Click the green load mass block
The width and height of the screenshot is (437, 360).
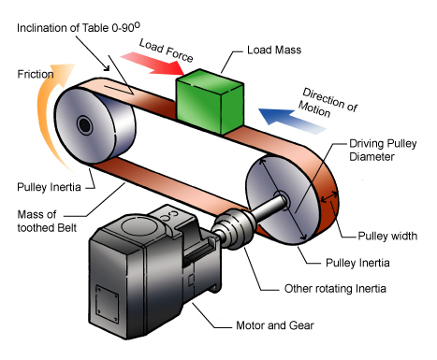pos(210,102)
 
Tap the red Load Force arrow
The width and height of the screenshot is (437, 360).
pos(153,64)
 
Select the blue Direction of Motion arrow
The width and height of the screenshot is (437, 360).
pos(292,121)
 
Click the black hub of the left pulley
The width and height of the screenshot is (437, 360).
pos(84,125)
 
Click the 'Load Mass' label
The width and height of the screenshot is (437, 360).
pos(274,50)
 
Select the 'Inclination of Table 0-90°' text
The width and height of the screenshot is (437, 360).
pos(79,27)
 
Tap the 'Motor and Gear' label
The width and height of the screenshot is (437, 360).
pos(275,325)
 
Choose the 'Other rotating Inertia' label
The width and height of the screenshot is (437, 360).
pos(335,288)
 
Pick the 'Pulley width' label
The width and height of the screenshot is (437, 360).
pos(387,236)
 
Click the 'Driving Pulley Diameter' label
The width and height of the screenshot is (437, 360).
pos(383,150)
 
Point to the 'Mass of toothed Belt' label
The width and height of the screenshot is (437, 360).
pos(47,221)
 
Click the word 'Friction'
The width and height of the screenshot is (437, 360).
pos(36,74)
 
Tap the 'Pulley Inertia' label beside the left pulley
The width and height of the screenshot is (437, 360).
pos(49,187)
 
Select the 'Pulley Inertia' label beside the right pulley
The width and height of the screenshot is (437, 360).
pos(357,263)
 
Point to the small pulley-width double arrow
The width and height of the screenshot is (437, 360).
pos(329,197)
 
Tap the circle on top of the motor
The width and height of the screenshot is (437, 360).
pos(138,226)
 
